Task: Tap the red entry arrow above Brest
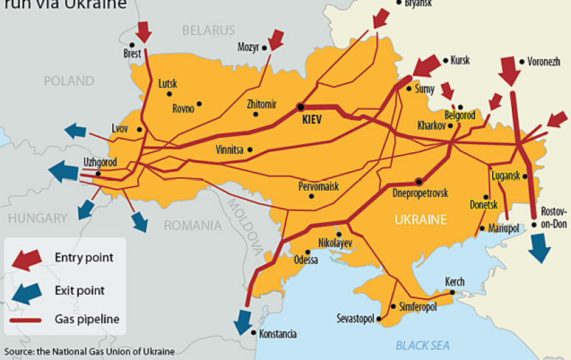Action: [x=144, y=30]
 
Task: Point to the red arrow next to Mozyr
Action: [x=276, y=39]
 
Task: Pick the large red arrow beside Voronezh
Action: [x=508, y=69]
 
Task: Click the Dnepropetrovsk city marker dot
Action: [x=419, y=181]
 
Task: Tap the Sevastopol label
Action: [x=355, y=318]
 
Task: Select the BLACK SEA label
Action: [x=423, y=344]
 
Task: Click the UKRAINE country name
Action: [x=421, y=219]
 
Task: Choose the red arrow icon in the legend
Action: [x=28, y=259]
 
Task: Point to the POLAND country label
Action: [x=69, y=81]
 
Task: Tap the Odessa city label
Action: [x=306, y=259]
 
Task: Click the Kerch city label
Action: [x=455, y=281]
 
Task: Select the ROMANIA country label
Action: [x=192, y=225]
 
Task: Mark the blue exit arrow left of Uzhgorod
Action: [x=63, y=170]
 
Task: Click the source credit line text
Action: [x=88, y=351]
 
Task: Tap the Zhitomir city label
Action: [x=262, y=104]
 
